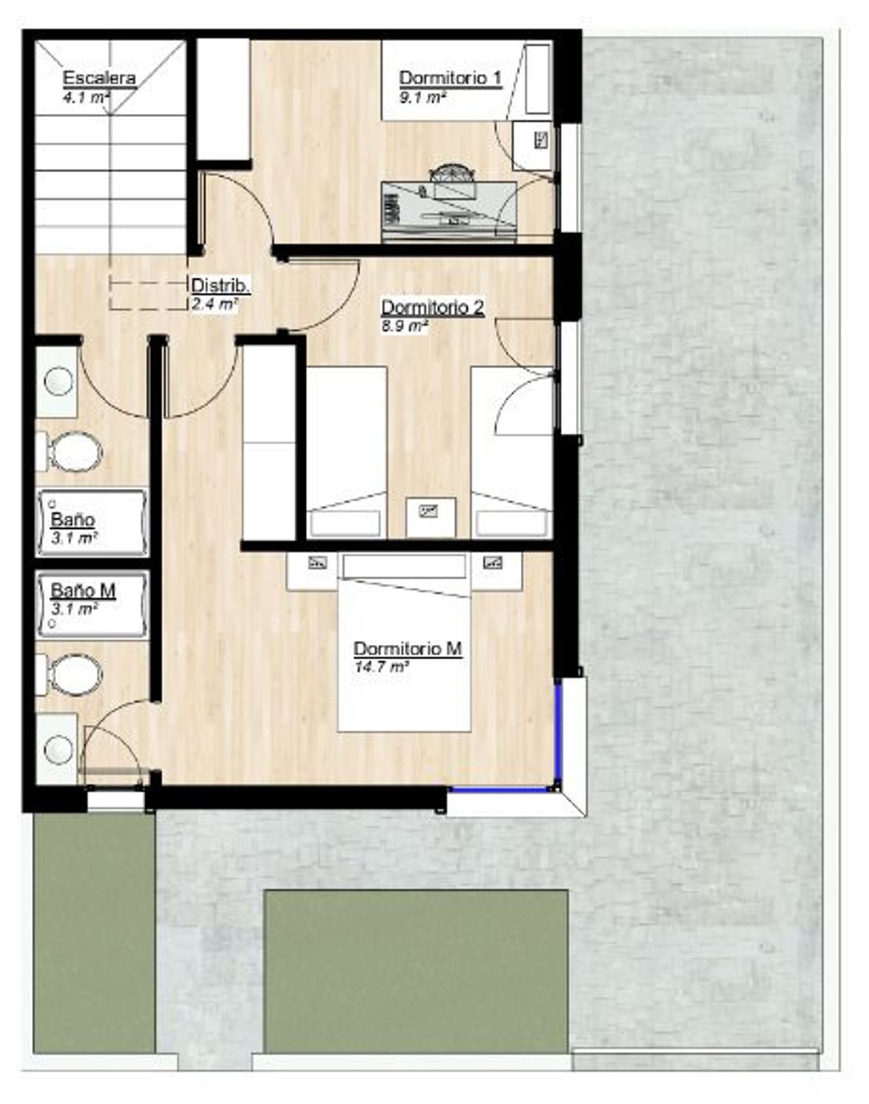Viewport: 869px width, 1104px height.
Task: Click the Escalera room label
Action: pyautogui.click(x=99, y=78)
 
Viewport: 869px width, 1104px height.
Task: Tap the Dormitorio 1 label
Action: pyautogui.click(x=450, y=78)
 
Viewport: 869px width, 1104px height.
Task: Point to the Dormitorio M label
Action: pyautogui.click(x=408, y=648)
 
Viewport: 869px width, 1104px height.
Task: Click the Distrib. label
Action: pyautogui.click(x=221, y=285)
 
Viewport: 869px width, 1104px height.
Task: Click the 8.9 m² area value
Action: pyautogui.click(x=404, y=326)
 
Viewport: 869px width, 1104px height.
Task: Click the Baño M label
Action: pyautogui.click(x=83, y=590)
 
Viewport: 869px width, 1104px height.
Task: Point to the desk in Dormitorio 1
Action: pyautogui.click(x=449, y=212)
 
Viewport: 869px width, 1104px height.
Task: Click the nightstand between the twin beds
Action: pyautogui.click(x=430, y=517)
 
